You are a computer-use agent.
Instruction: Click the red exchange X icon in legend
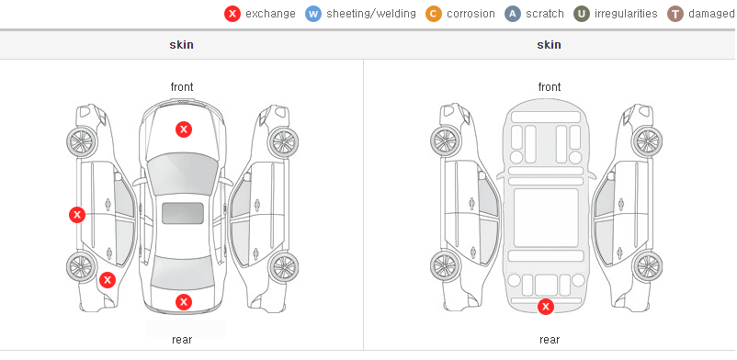[232, 14]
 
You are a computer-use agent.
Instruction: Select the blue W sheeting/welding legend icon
[313, 14]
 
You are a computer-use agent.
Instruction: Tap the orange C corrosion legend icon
[434, 14]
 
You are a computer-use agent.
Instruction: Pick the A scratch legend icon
[513, 14]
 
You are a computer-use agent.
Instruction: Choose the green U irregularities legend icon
[582, 14]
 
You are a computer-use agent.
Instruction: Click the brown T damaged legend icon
[675, 14]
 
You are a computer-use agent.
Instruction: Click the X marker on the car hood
[184, 129]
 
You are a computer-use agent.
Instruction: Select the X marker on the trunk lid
[184, 302]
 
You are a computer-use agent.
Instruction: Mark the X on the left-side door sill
[77, 215]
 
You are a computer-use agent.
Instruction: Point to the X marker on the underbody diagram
[546, 307]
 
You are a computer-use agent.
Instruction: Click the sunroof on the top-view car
[183, 213]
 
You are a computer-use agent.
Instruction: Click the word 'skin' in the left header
[181, 45]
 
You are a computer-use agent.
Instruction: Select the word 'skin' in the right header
[549, 45]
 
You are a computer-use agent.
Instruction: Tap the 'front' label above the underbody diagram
[550, 87]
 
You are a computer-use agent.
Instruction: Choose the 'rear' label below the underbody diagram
[550, 339]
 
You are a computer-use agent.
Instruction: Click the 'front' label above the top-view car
[182, 87]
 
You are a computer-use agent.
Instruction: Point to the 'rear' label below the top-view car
[182, 339]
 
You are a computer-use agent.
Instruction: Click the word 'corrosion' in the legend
[471, 14]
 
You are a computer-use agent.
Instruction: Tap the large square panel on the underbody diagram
[546, 218]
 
